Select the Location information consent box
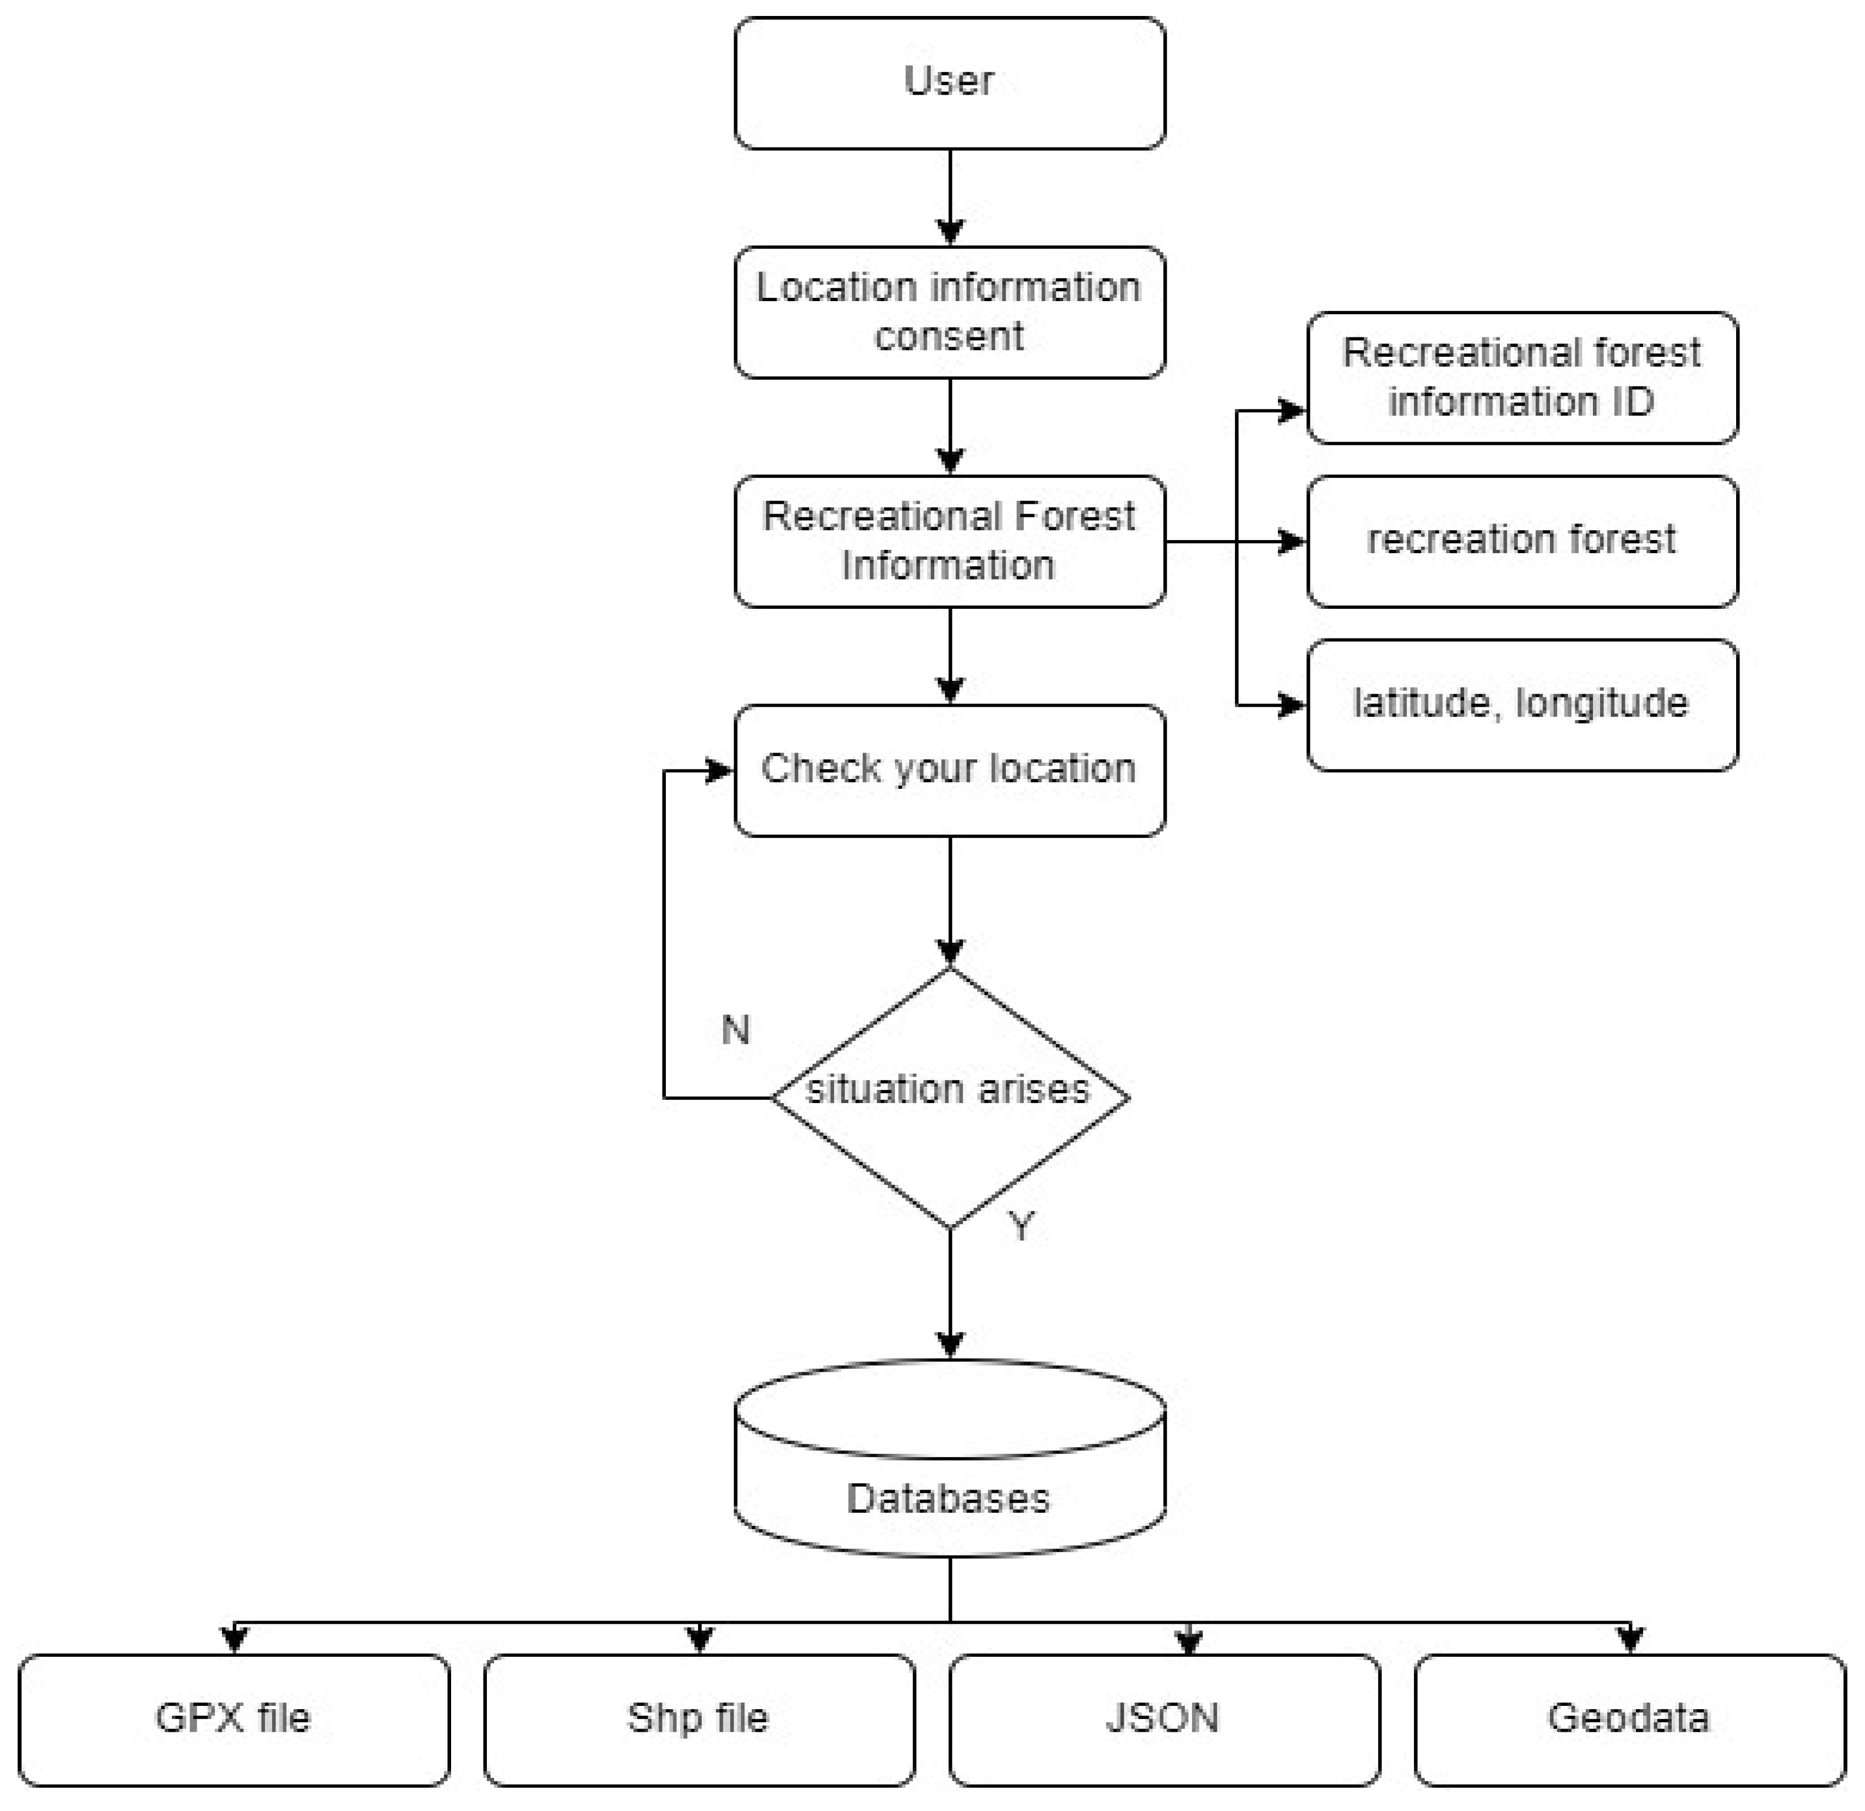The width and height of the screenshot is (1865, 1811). click(x=950, y=312)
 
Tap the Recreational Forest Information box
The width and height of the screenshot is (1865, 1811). click(x=950, y=541)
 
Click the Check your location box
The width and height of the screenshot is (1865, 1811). click(x=950, y=771)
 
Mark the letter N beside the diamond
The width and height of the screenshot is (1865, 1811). click(x=735, y=1030)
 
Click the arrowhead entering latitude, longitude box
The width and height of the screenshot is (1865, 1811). click(x=1291, y=705)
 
